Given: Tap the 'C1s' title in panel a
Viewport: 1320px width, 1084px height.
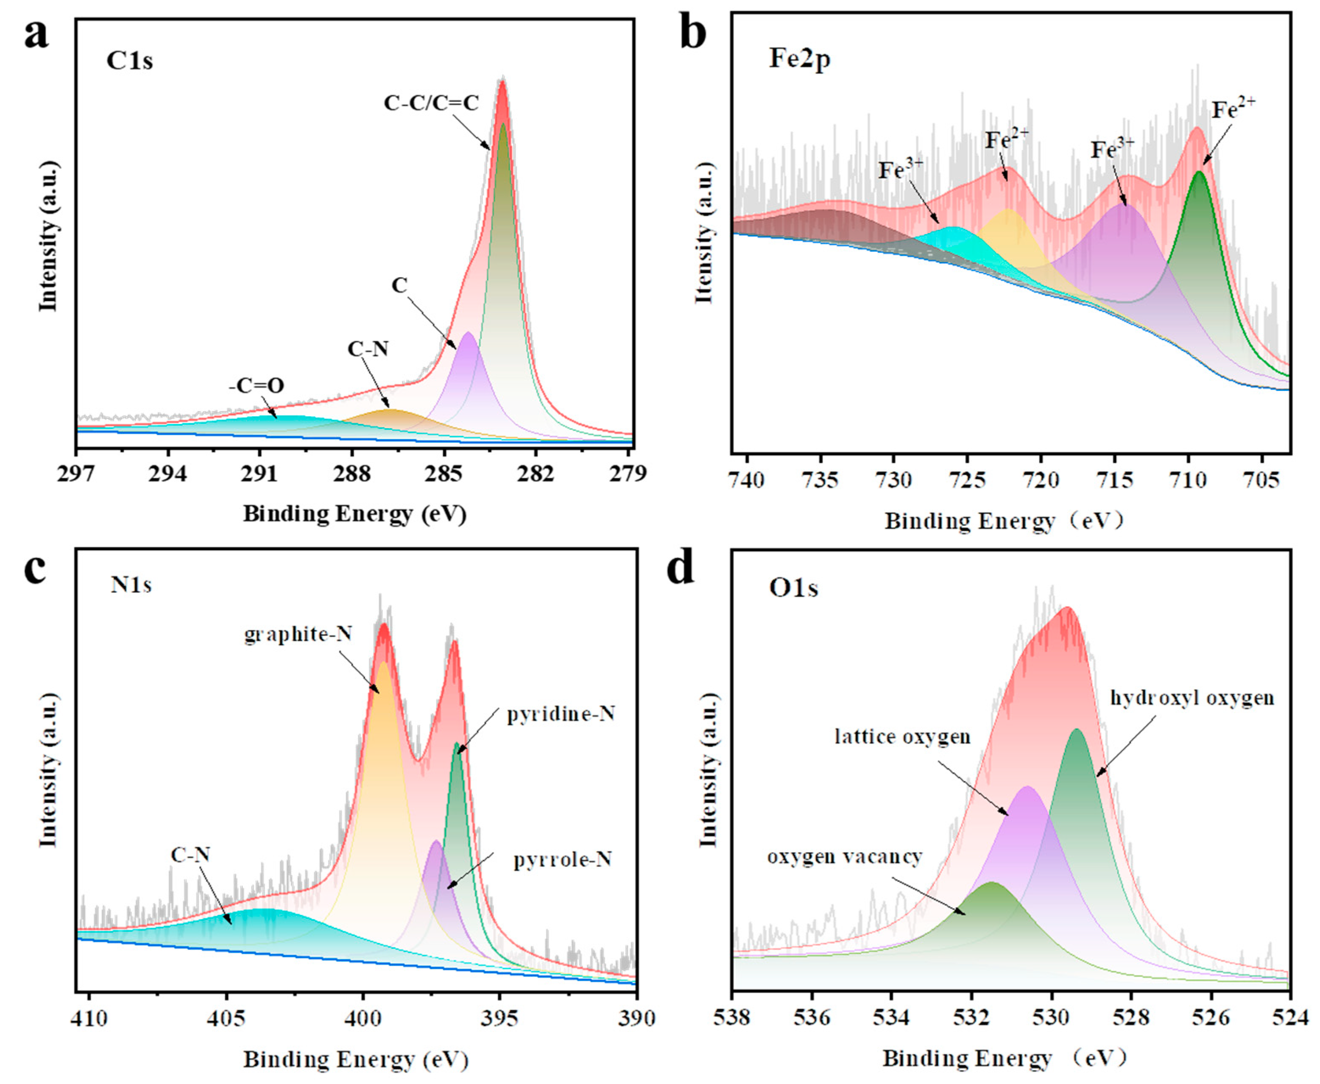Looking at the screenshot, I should [x=130, y=61].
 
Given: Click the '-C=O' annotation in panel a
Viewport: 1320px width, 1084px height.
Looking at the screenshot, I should [x=256, y=385].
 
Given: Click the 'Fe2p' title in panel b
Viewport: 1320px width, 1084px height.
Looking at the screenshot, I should [x=799, y=60].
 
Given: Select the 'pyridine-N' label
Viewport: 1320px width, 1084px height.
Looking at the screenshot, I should [x=561, y=714].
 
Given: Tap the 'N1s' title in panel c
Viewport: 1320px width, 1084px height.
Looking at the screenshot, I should [x=131, y=585].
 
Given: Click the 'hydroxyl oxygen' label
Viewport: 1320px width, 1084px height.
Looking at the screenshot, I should [x=1192, y=697].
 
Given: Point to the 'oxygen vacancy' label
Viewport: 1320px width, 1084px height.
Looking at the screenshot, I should [x=844, y=857].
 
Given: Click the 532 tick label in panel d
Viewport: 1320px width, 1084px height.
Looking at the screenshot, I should [x=971, y=1018].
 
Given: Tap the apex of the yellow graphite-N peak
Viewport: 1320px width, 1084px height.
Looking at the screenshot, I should [x=383, y=663].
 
